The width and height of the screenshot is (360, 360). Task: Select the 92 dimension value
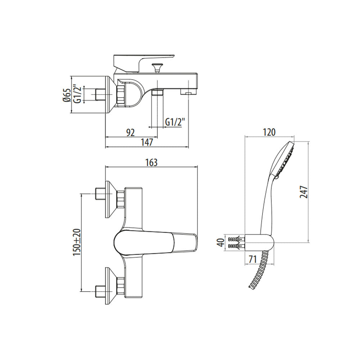[130, 133]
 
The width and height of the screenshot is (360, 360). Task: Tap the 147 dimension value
[147, 143]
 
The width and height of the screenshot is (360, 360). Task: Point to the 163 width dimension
[152, 162]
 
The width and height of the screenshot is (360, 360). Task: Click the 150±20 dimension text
[77, 242]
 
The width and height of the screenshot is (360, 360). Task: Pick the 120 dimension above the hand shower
[269, 132]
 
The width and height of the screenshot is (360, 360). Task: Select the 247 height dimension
[303, 192]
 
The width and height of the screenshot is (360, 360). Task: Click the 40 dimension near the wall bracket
[221, 242]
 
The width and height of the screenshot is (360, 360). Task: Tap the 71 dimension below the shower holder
[252, 260]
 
